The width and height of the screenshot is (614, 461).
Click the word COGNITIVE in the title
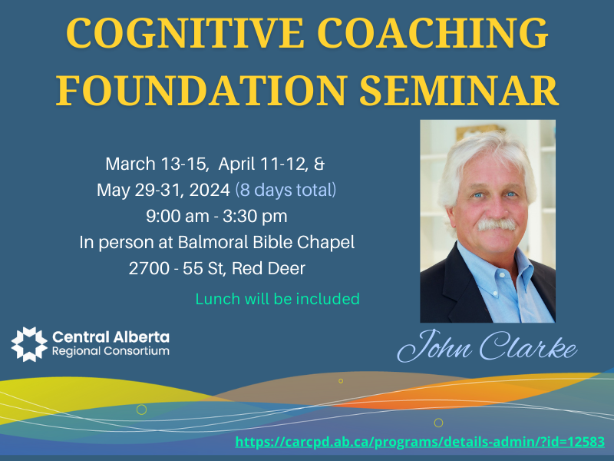point(186,33)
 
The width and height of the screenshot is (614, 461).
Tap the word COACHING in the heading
point(432,33)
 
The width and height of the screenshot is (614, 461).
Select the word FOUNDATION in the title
point(202,90)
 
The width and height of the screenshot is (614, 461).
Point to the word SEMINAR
point(459,90)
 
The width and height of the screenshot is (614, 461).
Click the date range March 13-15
point(157,164)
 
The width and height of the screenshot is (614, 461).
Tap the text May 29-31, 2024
point(163,190)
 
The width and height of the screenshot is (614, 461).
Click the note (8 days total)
point(286,190)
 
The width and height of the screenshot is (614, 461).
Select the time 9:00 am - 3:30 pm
point(216,217)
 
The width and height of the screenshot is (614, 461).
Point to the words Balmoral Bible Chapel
point(266,242)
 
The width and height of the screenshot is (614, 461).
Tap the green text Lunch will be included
point(277,299)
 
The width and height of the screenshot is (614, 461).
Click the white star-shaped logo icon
point(29,344)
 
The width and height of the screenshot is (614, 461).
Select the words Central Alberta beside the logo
point(111,337)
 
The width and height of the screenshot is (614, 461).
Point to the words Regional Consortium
point(111,351)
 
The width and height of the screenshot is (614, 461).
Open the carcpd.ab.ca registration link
point(420,442)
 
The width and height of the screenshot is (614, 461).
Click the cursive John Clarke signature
point(487,347)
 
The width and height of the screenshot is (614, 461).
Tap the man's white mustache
point(497,224)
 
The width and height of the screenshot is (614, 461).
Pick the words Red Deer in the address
point(268,268)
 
